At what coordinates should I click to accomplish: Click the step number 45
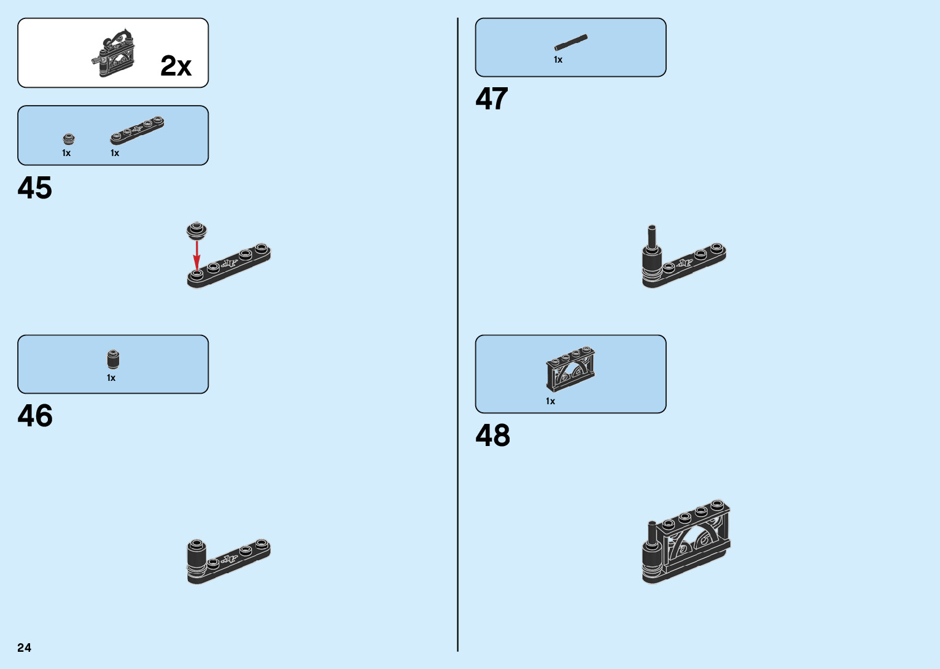click(x=35, y=188)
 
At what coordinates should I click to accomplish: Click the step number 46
click(x=35, y=416)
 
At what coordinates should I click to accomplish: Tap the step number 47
click(x=491, y=99)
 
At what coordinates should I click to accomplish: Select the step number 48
click(x=492, y=436)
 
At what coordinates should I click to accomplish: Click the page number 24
click(x=25, y=647)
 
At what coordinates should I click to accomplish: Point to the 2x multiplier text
click(x=176, y=66)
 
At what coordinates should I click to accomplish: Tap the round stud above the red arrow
click(x=196, y=230)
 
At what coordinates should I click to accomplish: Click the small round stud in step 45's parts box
click(x=69, y=139)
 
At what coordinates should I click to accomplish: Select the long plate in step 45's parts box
click(x=137, y=130)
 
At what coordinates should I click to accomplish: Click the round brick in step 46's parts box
click(x=113, y=359)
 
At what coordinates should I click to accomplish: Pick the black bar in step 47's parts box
click(x=570, y=42)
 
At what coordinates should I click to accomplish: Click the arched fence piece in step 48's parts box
click(x=570, y=368)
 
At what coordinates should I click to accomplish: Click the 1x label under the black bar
click(x=558, y=60)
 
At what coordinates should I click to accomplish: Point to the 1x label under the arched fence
click(x=550, y=401)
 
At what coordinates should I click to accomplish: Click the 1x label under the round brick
click(x=111, y=378)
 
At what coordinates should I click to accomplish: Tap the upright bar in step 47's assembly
click(x=652, y=236)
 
